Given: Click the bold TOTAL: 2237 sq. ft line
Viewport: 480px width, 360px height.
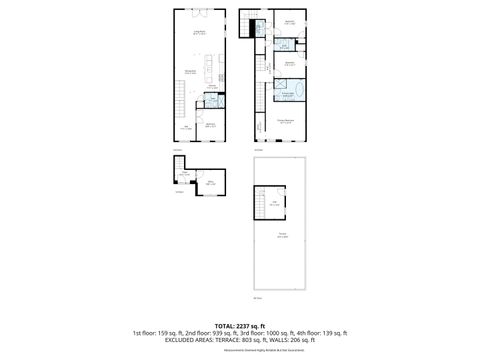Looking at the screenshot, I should (239, 324).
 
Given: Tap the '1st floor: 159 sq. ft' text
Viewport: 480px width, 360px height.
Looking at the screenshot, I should (161, 332).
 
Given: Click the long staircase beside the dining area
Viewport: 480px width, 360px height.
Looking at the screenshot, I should (176, 100).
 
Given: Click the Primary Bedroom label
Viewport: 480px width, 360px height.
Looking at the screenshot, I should (285, 120).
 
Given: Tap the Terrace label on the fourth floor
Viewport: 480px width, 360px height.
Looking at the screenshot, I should (283, 236).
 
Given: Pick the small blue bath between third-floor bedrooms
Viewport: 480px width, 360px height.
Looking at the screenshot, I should (285, 45).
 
